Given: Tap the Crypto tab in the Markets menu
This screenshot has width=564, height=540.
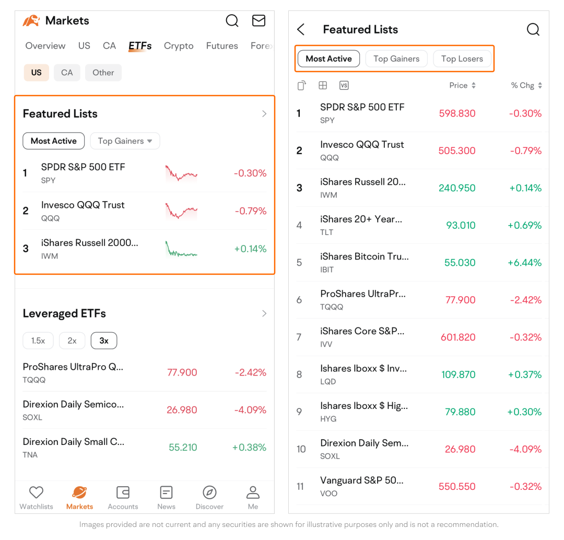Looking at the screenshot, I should [179, 46].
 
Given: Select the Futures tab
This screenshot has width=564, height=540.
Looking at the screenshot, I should [222, 46].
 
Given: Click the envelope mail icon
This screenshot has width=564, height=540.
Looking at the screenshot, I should [258, 21].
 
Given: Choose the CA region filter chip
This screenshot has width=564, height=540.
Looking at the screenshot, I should [67, 73].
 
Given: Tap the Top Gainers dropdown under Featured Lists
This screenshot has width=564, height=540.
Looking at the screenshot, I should [125, 141].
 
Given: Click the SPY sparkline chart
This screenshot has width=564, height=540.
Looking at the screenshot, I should [181, 173].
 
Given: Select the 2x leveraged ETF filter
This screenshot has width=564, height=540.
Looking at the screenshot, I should [72, 341].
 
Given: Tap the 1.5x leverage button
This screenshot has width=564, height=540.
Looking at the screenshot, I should [38, 341].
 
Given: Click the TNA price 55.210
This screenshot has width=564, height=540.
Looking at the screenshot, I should [183, 448].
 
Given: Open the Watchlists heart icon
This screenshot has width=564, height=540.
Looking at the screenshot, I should [36, 492].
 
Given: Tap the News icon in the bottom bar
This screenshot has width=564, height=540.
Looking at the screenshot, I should [166, 492].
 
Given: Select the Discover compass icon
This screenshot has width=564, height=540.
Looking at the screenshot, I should [209, 492].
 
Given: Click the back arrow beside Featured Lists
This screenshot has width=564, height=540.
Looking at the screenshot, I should [301, 30].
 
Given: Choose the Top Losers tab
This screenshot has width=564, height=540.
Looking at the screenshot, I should [462, 59].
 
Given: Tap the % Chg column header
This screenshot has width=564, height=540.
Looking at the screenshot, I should [526, 86].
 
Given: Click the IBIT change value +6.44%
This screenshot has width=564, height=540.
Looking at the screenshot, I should [524, 263].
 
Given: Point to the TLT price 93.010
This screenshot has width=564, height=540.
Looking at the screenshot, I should [461, 226].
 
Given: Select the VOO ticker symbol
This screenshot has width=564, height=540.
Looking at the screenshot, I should [329, 494].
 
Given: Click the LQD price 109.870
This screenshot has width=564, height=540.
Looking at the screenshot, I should [458, 374].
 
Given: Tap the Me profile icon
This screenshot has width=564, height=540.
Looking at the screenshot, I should [253, 492].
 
